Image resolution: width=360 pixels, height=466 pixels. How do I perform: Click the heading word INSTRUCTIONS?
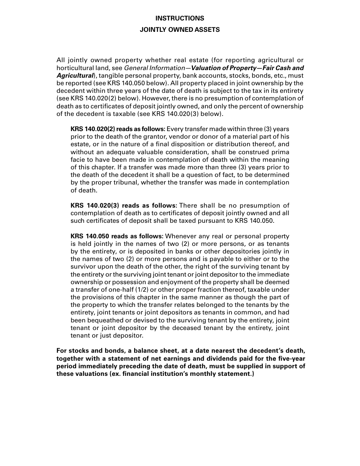[x=180, y=18]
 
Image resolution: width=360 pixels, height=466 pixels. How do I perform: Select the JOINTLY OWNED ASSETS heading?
[x=180, y=30]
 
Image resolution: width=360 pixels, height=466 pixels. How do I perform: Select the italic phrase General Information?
[x=149, y=68]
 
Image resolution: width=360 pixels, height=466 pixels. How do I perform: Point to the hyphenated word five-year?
[x=291, y=358]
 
